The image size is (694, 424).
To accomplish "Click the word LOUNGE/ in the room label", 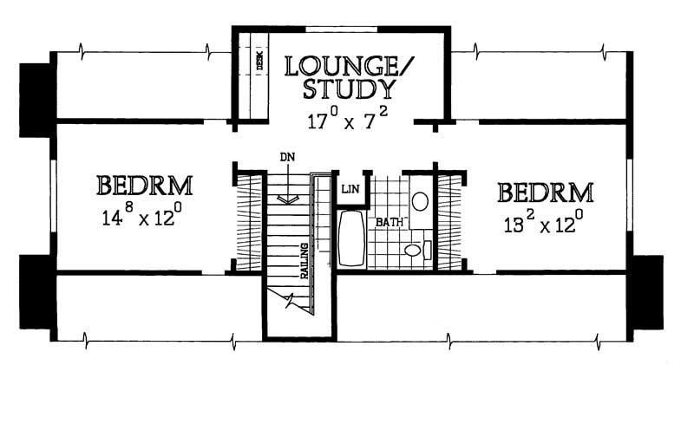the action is click(350, 66).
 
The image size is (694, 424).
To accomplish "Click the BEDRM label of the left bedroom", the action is click(144, 186).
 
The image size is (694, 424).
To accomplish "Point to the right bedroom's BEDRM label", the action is click(546, 192).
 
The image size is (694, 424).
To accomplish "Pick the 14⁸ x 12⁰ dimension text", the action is click(141, 216).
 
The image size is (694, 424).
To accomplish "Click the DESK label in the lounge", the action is click(259, 60).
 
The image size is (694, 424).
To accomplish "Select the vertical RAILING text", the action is click(304, 261).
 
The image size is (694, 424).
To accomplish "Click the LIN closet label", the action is click(350, 189).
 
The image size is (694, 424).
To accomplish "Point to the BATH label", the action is click(390, 222).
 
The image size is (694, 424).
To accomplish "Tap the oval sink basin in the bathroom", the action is click(420, 201).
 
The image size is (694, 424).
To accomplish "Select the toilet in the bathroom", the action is click(418, 250).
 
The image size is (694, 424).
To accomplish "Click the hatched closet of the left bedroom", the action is click(250, 222).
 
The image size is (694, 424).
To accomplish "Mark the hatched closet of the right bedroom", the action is click(449, 222).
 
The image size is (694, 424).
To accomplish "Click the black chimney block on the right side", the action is click(648, 292).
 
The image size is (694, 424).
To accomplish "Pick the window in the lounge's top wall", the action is click(341, 29).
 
